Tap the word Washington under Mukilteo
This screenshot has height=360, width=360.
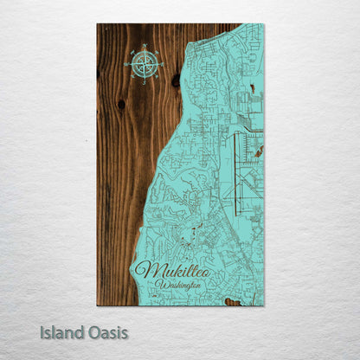180,284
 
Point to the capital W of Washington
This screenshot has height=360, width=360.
161,285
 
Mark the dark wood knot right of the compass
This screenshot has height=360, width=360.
176,80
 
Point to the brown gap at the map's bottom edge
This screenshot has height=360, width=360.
231,302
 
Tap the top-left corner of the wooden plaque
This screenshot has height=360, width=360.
98,24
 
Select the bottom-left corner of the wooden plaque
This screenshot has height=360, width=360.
98,305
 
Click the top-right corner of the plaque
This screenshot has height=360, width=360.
264,24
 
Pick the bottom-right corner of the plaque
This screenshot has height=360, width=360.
264,305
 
